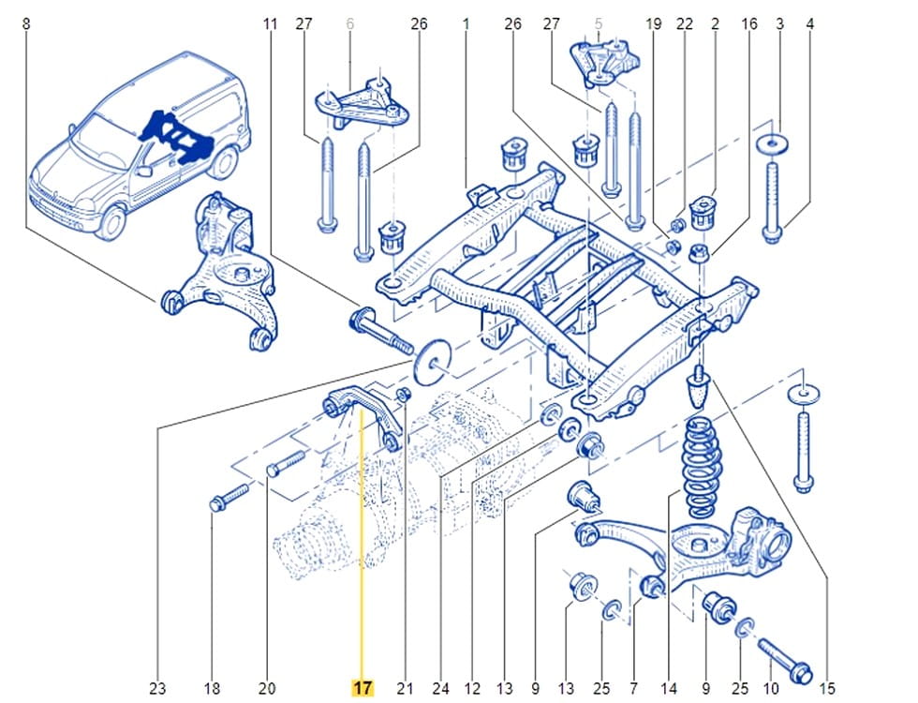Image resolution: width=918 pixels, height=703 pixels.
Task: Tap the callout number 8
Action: pos(25,24)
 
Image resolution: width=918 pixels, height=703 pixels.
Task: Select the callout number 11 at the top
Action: pos(271,24)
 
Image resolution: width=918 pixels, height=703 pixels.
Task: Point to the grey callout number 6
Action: pos(350,24)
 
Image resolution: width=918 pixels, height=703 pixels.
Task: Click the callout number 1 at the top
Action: pos(465,24)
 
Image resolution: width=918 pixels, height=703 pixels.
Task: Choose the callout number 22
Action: pos(685,24)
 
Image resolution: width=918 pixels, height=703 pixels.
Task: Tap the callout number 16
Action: pos(749,24)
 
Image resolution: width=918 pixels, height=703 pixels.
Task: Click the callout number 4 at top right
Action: pos(809,24)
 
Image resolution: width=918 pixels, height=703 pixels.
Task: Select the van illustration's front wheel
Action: pos(110,221)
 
